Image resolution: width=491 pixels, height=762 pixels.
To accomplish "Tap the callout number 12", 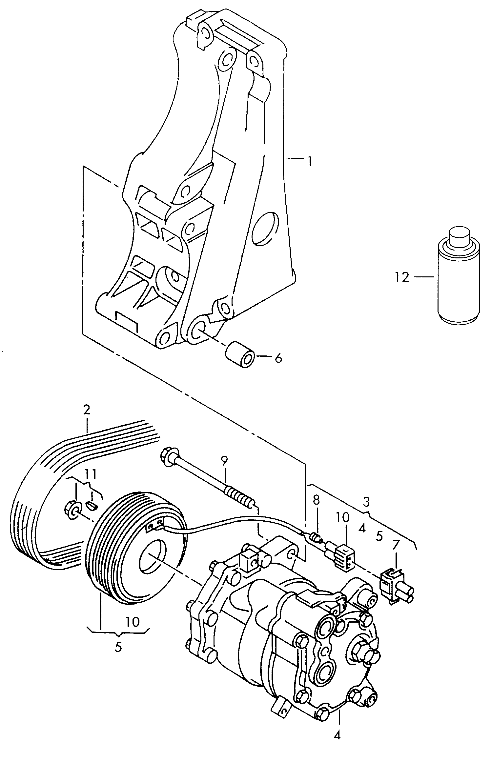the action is click(x=402, y=277).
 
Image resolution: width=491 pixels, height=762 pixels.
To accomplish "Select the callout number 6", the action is click(x=278, y=358).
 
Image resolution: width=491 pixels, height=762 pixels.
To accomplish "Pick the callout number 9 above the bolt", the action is click(x=224, y=461).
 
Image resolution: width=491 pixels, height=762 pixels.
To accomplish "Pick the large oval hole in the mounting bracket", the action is click(x=265, y=228).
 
